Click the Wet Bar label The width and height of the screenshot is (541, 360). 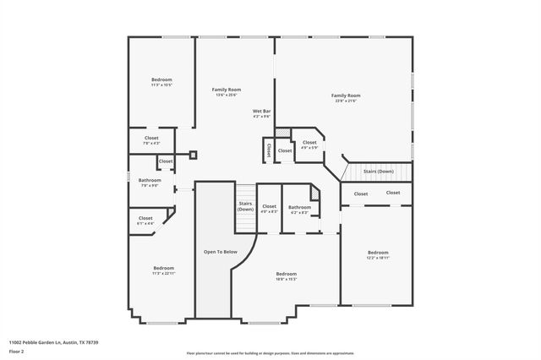(x=261, y=113)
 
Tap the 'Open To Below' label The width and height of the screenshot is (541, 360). (x=220, y=252)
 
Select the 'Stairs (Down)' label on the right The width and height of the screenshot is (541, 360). (x=378, y=172)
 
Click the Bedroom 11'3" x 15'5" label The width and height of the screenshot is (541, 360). (x=161, y=82)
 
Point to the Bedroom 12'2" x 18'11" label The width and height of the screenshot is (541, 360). (x=378, y=254)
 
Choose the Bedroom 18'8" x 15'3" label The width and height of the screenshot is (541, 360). (x=286, y=275)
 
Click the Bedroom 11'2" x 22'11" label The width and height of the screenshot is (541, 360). (x=163, y=270)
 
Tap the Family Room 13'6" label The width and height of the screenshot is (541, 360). (x=227, y=91)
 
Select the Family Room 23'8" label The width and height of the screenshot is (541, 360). (x=346, y=98)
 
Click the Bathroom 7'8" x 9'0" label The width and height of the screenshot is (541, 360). (x=150, y=182)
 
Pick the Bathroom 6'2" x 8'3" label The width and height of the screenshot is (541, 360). (x=299, y=210)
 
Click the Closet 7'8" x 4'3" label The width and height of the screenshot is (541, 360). (x=151, y=139)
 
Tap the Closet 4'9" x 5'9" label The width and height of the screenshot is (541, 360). (x=309, y=145)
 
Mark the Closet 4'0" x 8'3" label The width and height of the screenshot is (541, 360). (x=269, y=209)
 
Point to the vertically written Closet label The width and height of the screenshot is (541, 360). (x=269, y=150)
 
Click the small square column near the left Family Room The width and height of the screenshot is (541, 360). (x=193, y=155)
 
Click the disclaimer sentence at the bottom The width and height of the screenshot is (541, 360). (x=270, y=352)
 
